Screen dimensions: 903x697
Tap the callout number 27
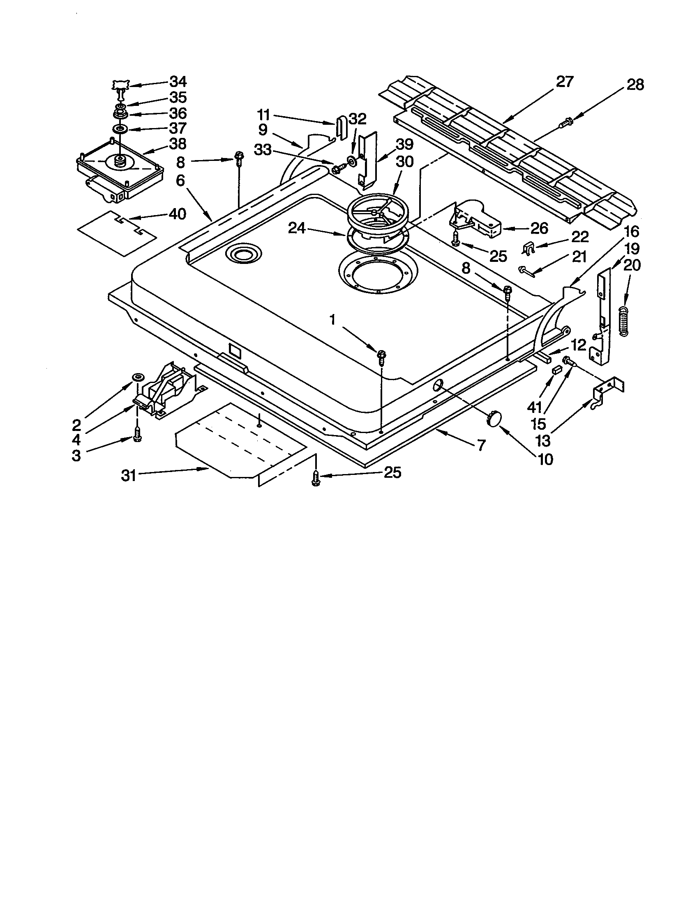point(565,82)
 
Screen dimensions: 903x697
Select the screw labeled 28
point(565,122)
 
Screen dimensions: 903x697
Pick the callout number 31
point(129,475)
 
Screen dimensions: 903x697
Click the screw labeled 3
point(137,435)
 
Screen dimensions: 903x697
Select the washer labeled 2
point(137,377)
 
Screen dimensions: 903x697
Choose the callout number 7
point(480,447)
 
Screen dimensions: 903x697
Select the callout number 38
point(178,144)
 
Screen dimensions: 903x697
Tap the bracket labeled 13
point(607,390)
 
